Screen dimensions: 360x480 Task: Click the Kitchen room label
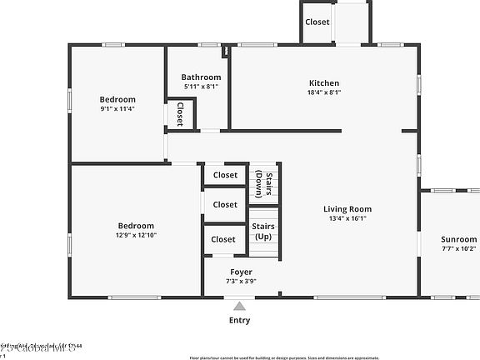324,82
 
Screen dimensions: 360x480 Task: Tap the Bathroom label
201,77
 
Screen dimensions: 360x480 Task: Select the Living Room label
347,209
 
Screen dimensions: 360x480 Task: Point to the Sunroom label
458,239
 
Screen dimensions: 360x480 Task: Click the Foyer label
242,272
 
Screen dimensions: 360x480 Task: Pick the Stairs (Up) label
263,231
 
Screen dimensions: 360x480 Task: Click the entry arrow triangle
239,306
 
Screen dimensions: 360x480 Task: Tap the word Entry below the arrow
239,320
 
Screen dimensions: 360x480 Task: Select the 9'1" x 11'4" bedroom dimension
117,108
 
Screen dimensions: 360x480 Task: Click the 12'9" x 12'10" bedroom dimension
135,235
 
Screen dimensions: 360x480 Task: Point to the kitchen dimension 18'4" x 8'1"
324,92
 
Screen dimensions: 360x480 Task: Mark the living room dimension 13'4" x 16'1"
347,219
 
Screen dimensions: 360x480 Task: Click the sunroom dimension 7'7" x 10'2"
458,248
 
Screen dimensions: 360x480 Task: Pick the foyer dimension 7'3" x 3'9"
242,282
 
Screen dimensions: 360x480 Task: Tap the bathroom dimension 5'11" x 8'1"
201,87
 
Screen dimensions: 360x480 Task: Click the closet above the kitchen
317,22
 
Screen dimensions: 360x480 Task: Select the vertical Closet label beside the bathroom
179,114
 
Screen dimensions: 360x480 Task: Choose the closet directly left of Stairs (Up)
224,239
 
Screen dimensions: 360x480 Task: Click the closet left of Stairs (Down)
225,175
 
